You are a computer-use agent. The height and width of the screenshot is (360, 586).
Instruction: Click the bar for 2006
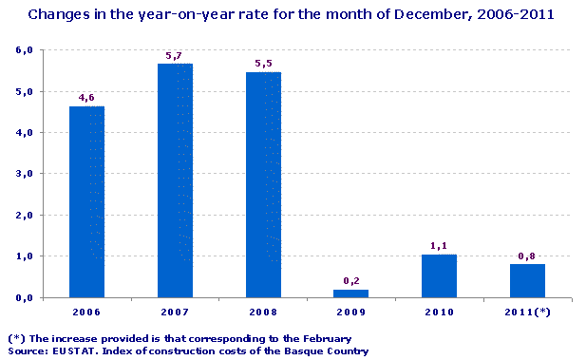point(86,201)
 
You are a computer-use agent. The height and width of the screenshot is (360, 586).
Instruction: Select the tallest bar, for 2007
point(175,180)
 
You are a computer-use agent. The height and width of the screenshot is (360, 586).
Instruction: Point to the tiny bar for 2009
point(351,294)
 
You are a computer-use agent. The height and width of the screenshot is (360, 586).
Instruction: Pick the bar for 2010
point(440,275)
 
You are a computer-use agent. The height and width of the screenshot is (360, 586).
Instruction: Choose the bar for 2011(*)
point(528,280)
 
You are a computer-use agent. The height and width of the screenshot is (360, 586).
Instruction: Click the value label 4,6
point(86,97)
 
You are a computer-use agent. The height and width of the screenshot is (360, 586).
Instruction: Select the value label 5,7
point(175,56)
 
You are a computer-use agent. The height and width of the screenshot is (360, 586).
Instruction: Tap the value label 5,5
point(263,64)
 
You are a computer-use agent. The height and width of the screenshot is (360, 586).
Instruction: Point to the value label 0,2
point(351,281)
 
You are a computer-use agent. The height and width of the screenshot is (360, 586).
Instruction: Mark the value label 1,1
point(440,245)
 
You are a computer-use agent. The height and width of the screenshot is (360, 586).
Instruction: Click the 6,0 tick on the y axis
point(25,50)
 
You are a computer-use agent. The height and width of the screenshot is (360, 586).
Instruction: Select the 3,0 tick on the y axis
point(25,174)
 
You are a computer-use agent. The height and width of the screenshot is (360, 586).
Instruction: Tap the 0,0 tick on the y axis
point(25,297)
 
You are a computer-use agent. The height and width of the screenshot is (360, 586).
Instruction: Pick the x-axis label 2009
point(351,312)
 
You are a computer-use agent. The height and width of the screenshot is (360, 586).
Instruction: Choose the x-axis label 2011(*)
point(528,312)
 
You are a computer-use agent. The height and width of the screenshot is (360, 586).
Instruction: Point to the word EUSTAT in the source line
point(70,351)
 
